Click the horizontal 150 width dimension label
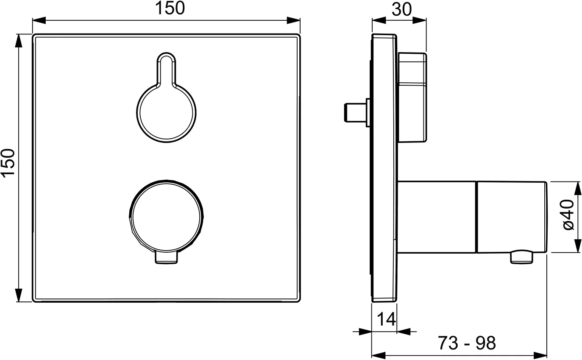pyautogui.click(x=170, y=8)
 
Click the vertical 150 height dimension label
pyautogui.click(x=8, y=163)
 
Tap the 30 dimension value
pyautogui.click(x=401, y=9)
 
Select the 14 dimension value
pyautogui.click(x=386, y=319)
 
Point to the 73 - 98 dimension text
pyautogui.click(x=467, y=343)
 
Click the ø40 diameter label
pyautogui.click(x=568, y=215)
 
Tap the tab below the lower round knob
pyautogui.click(x=166, y=258)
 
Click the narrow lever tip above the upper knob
pyautogui.click(x=166, y=68)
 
